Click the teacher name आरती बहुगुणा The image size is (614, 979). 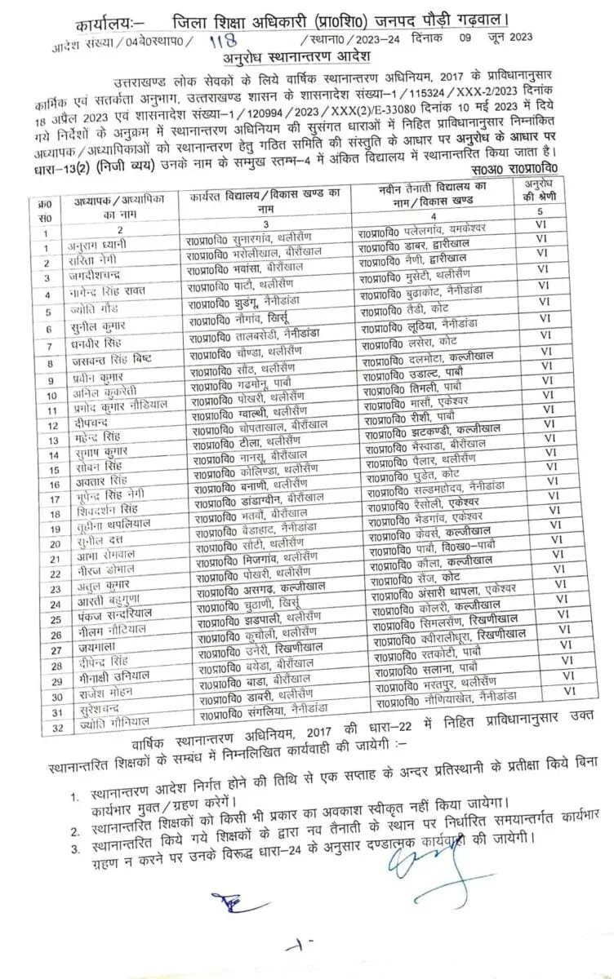[109, 605]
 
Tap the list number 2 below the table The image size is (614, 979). [73, 831]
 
